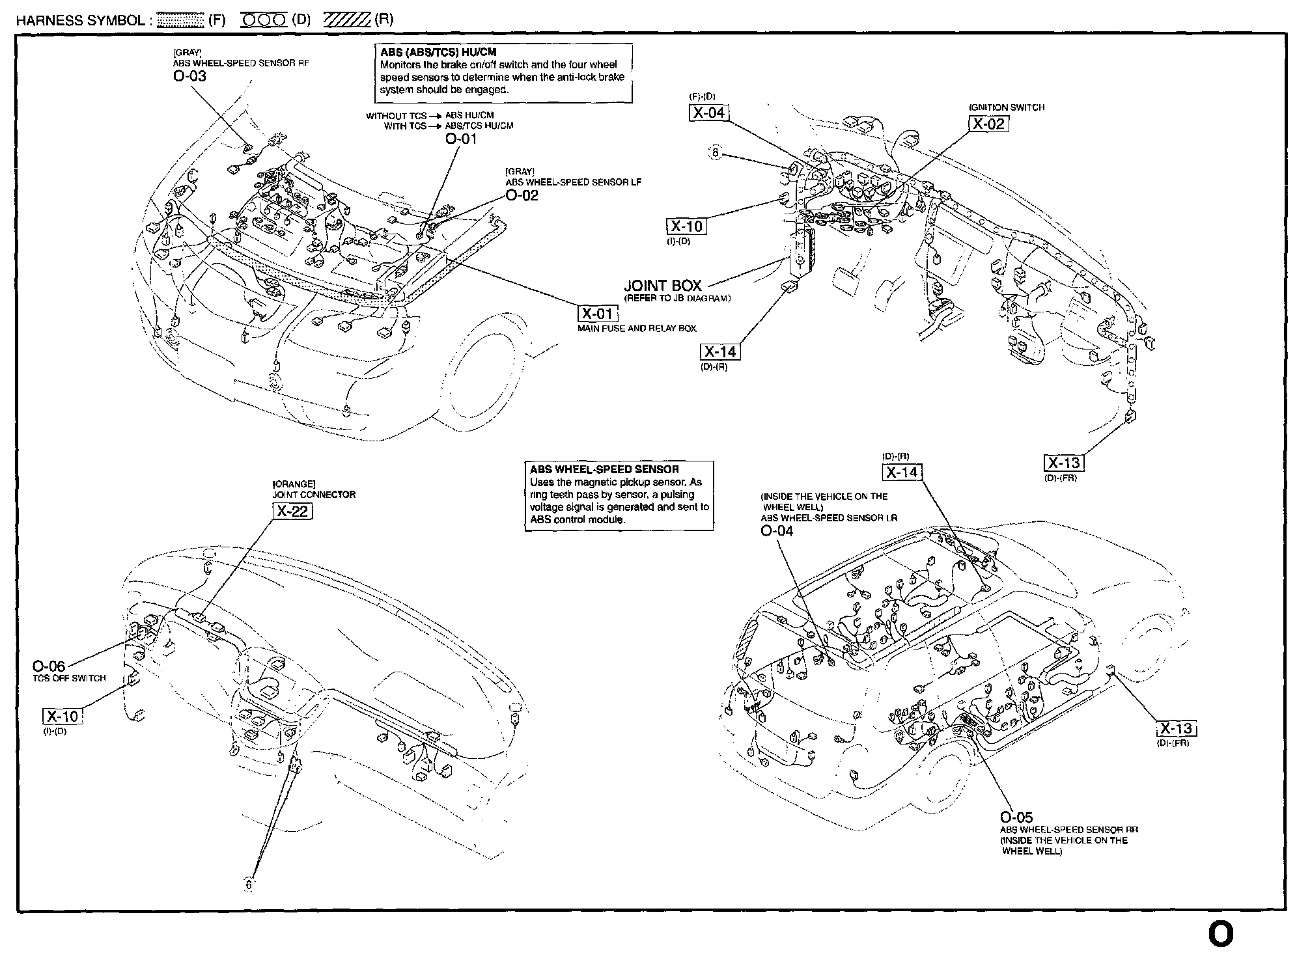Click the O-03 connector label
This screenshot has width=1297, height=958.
point(189,76)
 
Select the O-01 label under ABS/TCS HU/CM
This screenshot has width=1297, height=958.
point(461,138)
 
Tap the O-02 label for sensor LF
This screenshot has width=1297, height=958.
point(522,195)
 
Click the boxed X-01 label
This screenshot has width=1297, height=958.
point(597,314)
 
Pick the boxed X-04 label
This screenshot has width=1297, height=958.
point(708,113)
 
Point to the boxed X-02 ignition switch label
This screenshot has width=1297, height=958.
point(988,124)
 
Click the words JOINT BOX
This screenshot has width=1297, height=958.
point(662,286)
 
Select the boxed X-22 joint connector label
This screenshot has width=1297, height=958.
point(292,512)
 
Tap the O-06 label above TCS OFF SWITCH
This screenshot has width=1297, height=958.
point(49,666)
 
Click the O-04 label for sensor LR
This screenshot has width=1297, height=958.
point(777,530)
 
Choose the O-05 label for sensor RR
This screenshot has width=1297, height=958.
point(1016,817)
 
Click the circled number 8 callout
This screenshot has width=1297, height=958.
point(715,154)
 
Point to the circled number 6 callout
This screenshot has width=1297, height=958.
point(248,884)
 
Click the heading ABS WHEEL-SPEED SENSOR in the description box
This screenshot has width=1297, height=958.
point(604,469)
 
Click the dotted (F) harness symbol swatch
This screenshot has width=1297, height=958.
point(181,20)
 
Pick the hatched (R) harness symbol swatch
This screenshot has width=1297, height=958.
point(346,20)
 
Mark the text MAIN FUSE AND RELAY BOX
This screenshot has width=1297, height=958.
point(637,329)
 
